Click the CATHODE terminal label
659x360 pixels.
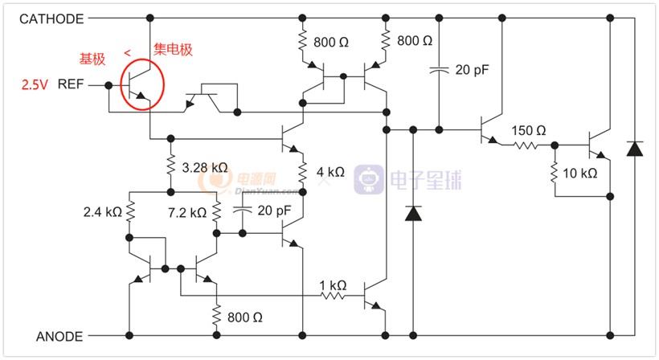click(51, 19)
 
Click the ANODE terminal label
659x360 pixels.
click(59, 337)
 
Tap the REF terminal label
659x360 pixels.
click(71, 84)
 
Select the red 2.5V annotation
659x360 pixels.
click(35, 85)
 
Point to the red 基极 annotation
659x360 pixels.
click(92, 59)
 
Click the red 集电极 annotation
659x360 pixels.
click(173, 50)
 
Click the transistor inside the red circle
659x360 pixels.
click(138, 85)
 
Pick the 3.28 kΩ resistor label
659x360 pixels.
click(205, 168)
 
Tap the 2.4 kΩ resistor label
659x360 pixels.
click(103, 212)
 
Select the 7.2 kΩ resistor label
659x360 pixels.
click(187, 213)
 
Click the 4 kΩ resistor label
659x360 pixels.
click(330, 172)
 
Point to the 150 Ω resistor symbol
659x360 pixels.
click(526, 145)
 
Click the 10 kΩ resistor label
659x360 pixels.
click(580, 173)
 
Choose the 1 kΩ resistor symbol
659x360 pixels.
click(333, 296)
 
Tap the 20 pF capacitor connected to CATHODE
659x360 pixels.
click(439, 71)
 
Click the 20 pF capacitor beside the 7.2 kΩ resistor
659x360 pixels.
click(242, 210)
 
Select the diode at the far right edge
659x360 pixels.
click(635, 149)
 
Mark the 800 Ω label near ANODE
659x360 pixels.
click(245, 317)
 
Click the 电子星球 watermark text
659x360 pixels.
click(426, 180)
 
